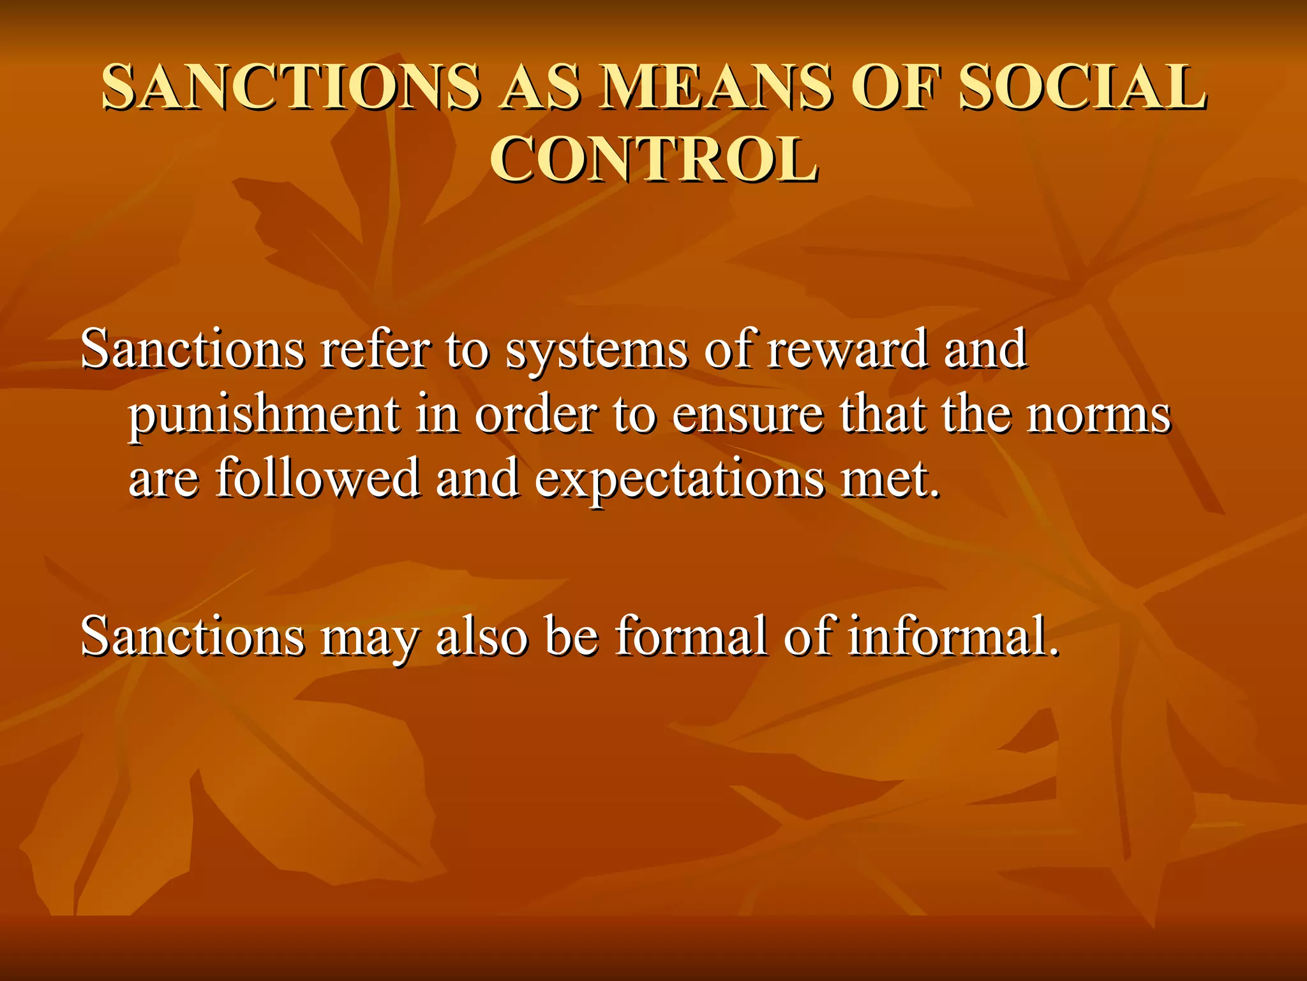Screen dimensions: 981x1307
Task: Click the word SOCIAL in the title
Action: (1082, 87)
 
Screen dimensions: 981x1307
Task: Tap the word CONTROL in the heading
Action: (653, 160)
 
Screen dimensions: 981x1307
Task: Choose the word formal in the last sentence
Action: (691, 636)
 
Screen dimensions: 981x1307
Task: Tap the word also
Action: (482, 636)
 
